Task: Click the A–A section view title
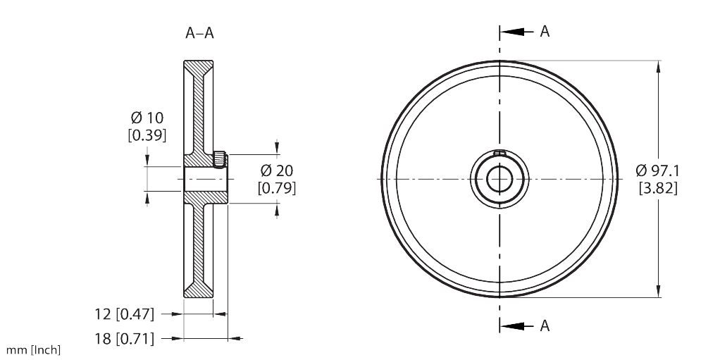pyautogui.click(x=199, y=32)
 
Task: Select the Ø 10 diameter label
pyautogui.click(x=147, y=117)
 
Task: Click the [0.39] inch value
pyautogui.click(x=147, y=135)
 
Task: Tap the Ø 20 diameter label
pyautogui.click(x=276, y=170)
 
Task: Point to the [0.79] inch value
pyautogui.click(x=276, y=188)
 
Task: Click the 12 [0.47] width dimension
pyautogui.click(x=124, y=313)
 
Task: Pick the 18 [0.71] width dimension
pyautogui.click(x=124, y=339)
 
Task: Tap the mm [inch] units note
pyautogui.click(x=33, y=349)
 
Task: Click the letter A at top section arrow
pyautogui.click(x=545, y=32)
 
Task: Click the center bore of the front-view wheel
pyautogui.click(x=499, y=179)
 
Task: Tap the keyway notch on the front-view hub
pyautogui.click(x=499, y=153)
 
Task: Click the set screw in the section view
pyautogui.click(x=220, y=159)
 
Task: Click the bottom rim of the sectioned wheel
pyautogui.click(x=197, y=290)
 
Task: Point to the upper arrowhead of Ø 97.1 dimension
pyautogui.click(x=658, y=67)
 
